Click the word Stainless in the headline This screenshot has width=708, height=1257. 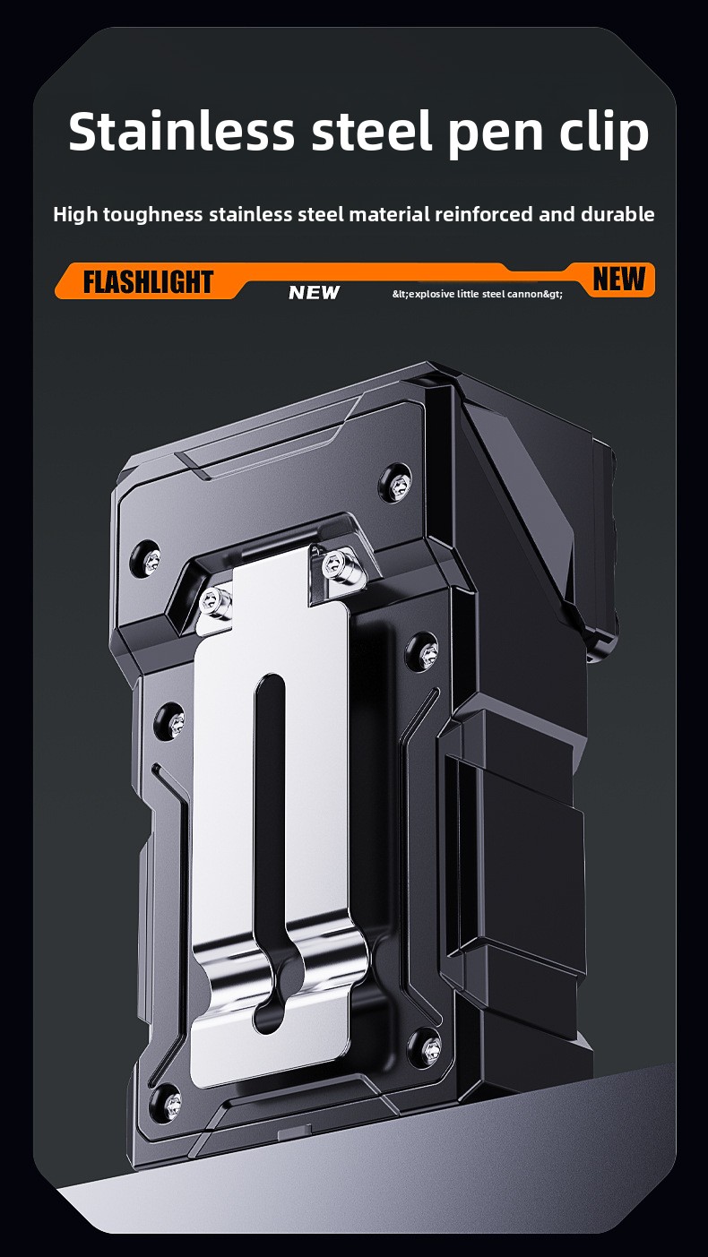(x=181, y=132)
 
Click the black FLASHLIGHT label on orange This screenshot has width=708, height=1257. (x=148, y=281)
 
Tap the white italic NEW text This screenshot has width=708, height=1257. (x=314, y=292)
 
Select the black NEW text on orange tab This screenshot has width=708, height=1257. (x=618, y=279)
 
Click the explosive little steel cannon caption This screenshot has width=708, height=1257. (x=478, y=294)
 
